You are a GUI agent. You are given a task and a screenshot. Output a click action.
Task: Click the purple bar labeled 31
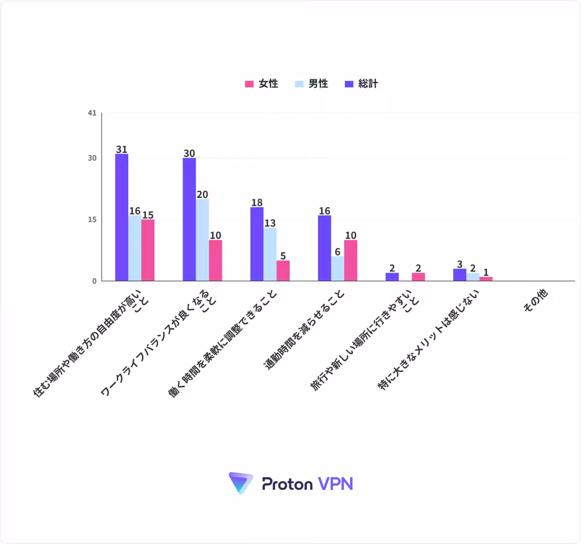[x=122, y=217]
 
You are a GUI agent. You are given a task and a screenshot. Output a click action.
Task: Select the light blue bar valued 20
[x=202, y=240]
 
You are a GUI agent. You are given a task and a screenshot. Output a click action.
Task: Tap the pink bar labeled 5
[x=283, y=271]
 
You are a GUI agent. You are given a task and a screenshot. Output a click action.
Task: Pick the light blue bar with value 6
[x=337, y=269]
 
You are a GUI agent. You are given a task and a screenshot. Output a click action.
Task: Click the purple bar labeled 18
[x=257, y=244]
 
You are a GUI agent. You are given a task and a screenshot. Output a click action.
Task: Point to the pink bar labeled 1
[x=486, y=279]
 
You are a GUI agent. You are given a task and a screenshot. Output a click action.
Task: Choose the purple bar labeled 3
[x=459, y=275]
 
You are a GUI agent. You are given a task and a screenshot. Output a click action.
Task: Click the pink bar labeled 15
[x=148, y=250]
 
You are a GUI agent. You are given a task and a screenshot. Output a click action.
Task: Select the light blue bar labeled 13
[x=270, y=254]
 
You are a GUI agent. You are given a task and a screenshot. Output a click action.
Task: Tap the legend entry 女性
[x=261, y=84]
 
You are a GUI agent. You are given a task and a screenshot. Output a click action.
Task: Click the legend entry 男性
[x=311, y=84]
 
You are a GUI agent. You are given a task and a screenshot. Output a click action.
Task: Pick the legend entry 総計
[x=361, y=84]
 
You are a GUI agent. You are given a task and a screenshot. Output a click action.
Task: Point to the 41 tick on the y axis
[x=92, y=113]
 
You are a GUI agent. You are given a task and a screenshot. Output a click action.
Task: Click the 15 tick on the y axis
[x=92, y=219]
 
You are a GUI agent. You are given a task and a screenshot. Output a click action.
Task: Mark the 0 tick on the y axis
[x=94, y=281]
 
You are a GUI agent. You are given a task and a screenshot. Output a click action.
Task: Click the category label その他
[x=535, y=300]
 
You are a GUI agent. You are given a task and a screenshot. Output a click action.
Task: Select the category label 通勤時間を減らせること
[x=304, y=330]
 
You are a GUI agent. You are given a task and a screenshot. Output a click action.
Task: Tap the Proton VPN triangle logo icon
[x=241, y=483]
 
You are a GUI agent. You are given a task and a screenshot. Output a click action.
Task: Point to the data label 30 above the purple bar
[x=189, y=153]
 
